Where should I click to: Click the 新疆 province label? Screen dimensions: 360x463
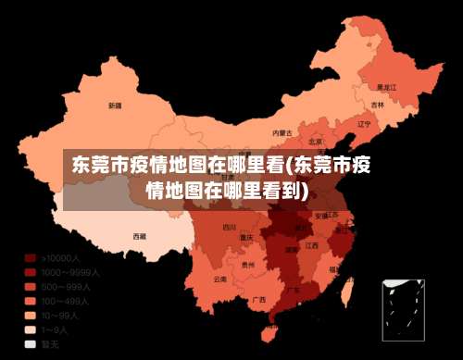click(x=115, y=106)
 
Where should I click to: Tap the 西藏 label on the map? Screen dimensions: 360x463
click(x=139, y=236)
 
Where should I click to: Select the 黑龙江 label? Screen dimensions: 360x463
click(x=386, y=86)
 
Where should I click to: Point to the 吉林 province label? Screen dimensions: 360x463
click(x=378, y=106)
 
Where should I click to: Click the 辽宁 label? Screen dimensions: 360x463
click(x=364, y=123)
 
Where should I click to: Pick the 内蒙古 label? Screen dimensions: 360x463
click(x=282, y=133)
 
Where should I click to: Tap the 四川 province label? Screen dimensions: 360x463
click(x=230, y=227)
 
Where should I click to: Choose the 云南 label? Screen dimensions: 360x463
click(x=219, y=278)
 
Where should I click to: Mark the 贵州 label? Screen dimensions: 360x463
click(x=247, y=264)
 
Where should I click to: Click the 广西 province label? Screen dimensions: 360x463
click(x=259, y=299)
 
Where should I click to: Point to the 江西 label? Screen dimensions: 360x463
click(x=312, y=246)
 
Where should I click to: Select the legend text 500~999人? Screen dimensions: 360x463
click(x=69, y=287)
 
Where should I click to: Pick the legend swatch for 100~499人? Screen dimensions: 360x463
click(x=31, y=301)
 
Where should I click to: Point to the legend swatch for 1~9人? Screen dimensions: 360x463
click(x=31, y=329)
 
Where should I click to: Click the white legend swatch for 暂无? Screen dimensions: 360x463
click(x=31, y=342)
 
